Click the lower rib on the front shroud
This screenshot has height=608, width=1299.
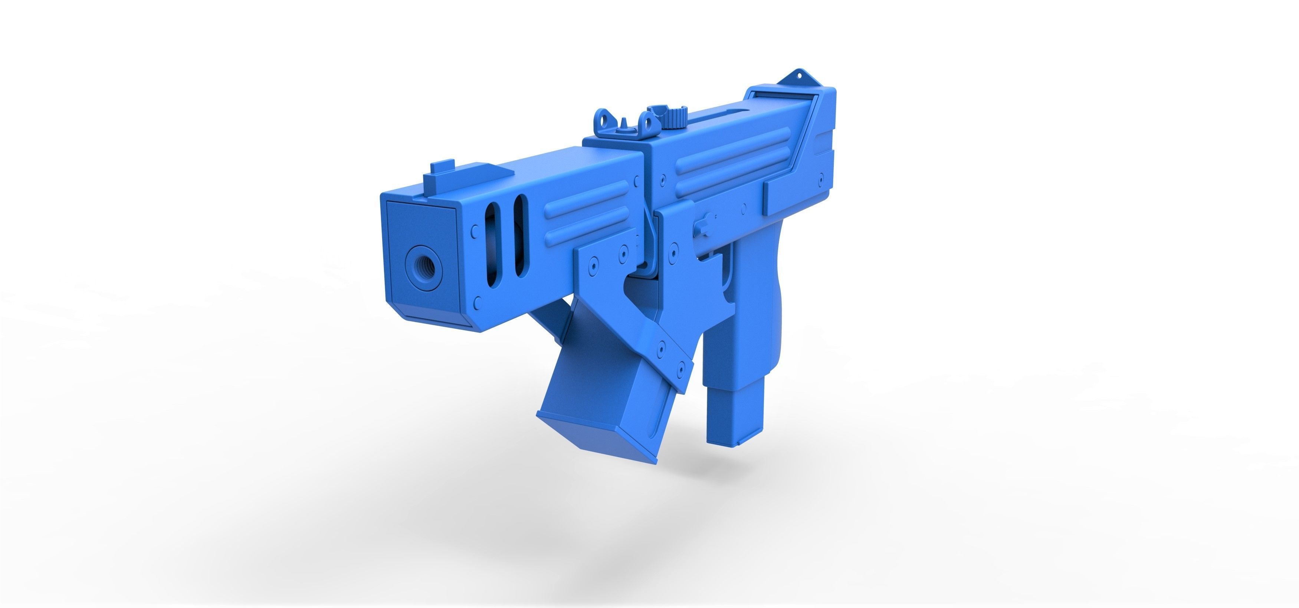(590, 226)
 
